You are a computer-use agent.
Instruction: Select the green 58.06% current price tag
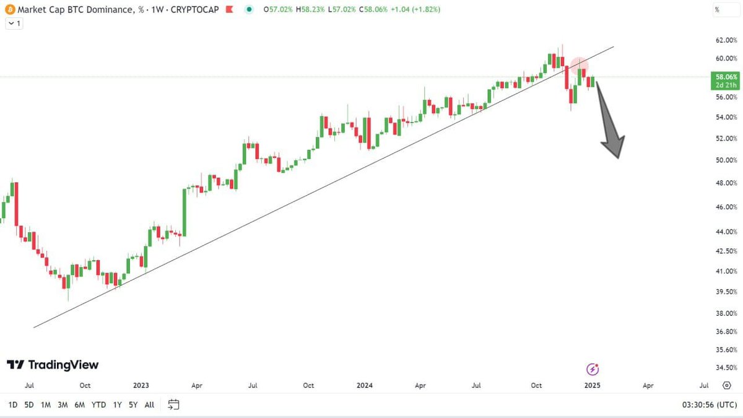(725, 77)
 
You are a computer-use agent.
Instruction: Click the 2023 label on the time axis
(141, 385)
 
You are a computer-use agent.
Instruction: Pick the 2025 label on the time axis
(592, 385)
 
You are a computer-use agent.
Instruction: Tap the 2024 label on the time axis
(365, 385)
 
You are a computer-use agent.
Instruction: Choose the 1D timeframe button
(12, 405)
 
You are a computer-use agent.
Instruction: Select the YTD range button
(98, 405)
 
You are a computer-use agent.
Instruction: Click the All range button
(149, 405)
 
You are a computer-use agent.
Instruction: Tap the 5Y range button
(133, 405)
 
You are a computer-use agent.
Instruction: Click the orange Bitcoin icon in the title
(9, 10)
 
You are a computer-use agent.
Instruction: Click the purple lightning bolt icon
(593, 370)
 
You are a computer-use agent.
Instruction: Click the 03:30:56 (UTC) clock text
(708, 405)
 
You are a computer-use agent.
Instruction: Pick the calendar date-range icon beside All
(173, 405)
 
